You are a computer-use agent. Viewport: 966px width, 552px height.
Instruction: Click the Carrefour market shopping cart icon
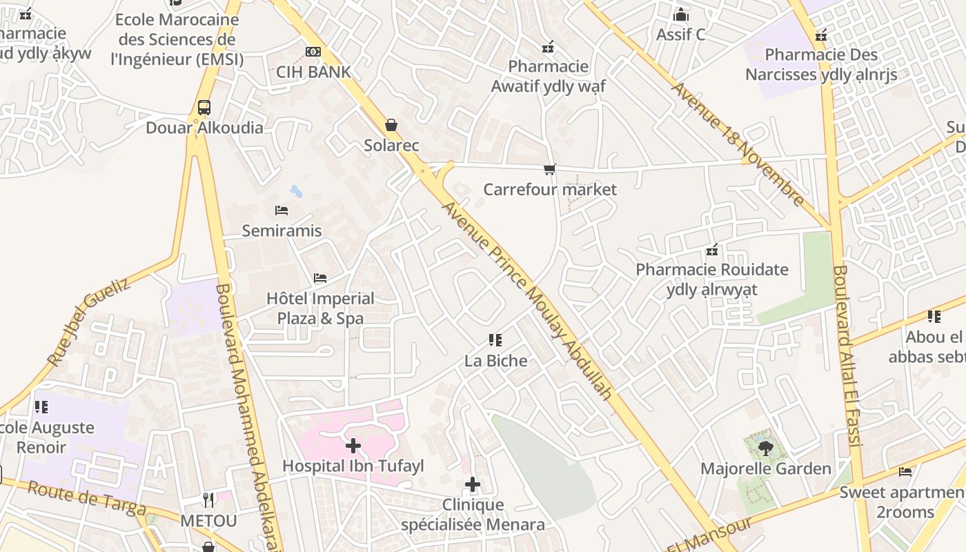point(550,169)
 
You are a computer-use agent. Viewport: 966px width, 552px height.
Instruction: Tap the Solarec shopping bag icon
point(391,125)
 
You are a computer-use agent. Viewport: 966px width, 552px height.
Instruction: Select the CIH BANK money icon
point(313,52)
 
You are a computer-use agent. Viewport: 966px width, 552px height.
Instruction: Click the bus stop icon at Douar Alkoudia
point(204,108)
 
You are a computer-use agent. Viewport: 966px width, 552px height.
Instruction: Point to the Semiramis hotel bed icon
point(281,210)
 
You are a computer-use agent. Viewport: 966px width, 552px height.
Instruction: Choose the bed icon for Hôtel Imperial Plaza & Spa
point(320,278)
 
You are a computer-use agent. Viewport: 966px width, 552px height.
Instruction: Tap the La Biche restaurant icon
point(495,339)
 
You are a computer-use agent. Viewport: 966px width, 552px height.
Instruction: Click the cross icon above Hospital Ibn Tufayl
point(353,446)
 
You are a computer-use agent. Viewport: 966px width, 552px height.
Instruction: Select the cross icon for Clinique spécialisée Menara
point(473,484)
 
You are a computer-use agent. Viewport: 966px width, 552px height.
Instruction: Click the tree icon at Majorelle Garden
point(765,448)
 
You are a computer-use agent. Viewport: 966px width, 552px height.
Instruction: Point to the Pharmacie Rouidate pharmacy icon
point(712,249)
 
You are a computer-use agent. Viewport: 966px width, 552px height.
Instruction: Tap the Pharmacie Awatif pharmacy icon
point(548,47)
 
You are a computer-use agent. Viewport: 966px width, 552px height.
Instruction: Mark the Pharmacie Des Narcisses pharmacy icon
point(821,34)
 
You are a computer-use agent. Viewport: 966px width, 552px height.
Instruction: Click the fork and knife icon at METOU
point(208,499)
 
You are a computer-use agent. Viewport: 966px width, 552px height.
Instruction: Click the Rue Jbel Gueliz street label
point(88,322)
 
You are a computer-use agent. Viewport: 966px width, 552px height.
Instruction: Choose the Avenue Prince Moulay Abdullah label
point(527,300)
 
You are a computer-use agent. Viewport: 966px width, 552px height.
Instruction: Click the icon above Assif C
point(681,14)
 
